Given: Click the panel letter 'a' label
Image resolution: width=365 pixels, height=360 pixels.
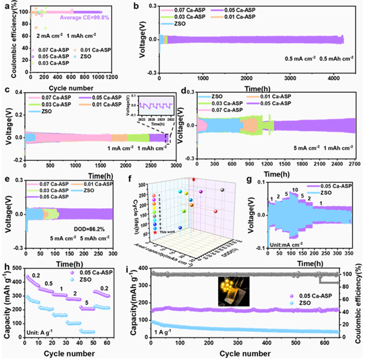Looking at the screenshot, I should (x=5, y=5).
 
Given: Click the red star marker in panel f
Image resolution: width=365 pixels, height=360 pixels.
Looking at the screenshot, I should (x=194, y=179).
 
